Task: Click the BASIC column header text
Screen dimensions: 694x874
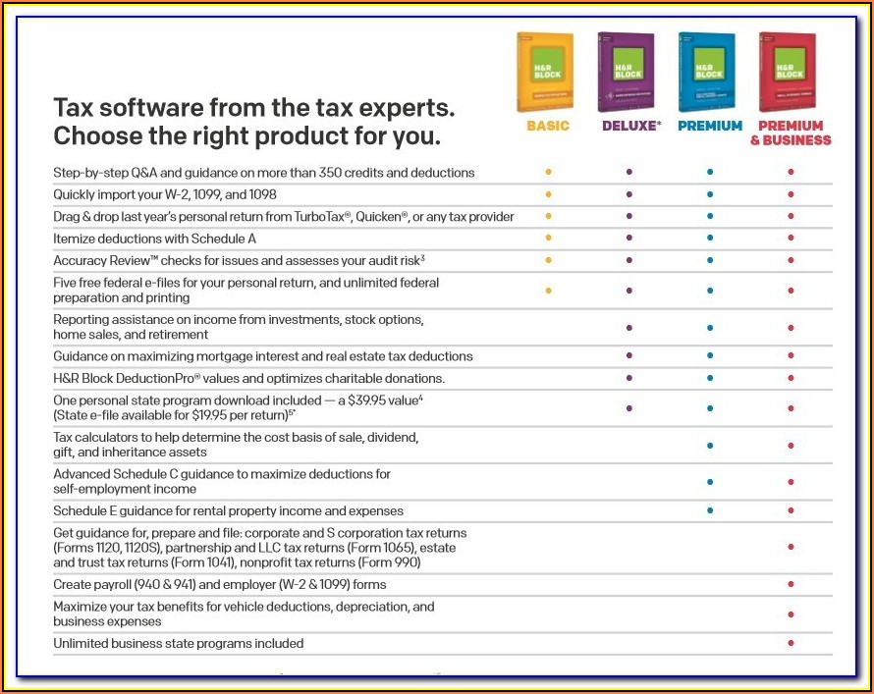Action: point(548,127)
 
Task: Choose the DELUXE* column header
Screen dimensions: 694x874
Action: point(630,127)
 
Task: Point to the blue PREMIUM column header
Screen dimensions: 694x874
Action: point(709,127)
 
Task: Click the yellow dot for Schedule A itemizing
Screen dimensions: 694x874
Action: point(548,238)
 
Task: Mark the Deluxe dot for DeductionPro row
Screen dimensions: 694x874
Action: point(628,378)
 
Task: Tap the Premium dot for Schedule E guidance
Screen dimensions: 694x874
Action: point(709,510)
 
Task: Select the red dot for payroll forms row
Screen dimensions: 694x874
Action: point(791,584)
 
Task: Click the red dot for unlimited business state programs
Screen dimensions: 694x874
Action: point(791,643)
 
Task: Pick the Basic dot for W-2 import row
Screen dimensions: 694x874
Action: point(548,194)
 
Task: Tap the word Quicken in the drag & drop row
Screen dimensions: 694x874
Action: point(408,216)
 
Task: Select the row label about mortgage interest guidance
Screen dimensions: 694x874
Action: point(262,356)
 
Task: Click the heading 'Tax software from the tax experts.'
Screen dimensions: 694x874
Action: point(253,106)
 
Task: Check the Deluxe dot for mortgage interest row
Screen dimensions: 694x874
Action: point(628,356)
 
